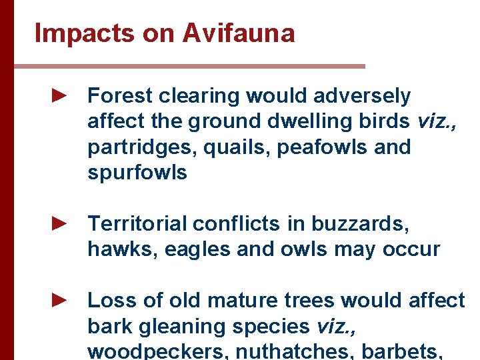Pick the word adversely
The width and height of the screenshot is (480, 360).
[x=365, y=96]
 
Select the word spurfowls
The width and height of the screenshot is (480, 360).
[x=137, y=173]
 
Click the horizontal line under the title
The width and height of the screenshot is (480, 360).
[x=189, y=67]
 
